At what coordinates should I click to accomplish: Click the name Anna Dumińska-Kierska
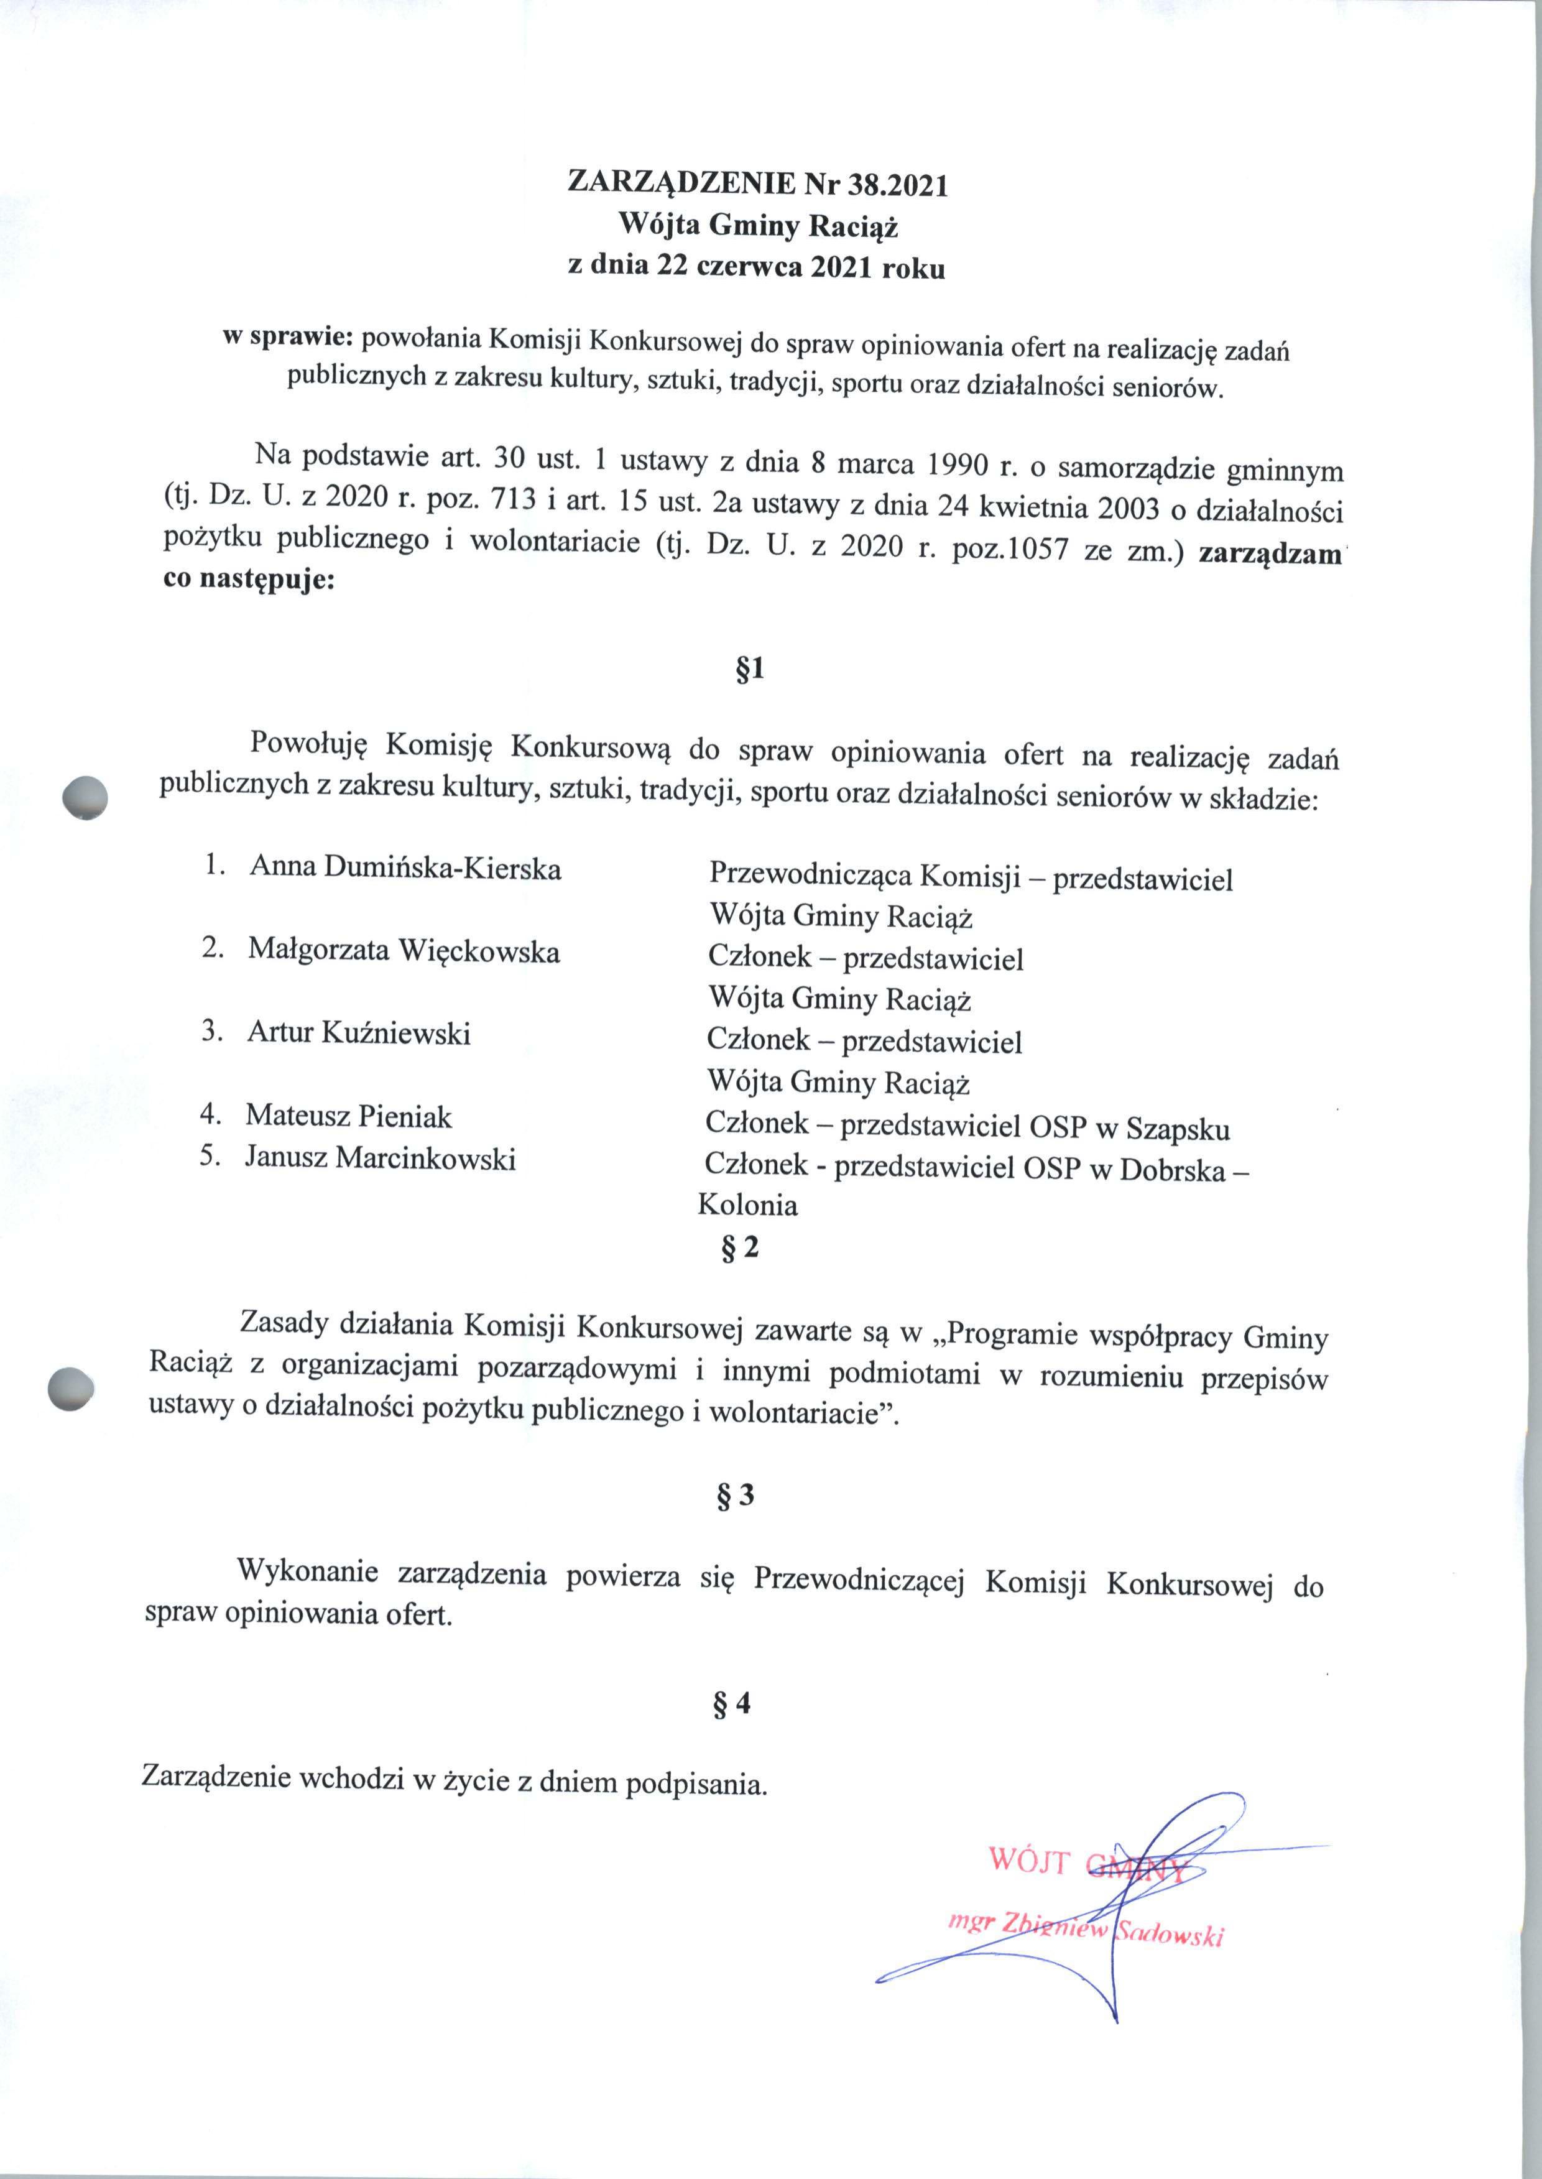click(x=405, y=867)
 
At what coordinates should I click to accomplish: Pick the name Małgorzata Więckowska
click(x=404, y=950)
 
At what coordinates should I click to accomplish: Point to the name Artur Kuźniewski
click(x=359, y=1032)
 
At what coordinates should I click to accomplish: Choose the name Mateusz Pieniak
click(x=348, y=1114)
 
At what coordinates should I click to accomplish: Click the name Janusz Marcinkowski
click(x=380, y=1157)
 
